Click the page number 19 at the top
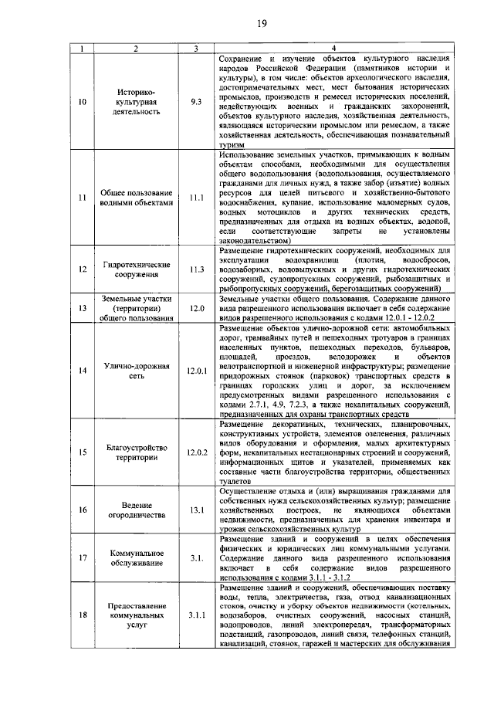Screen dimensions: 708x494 [261, 24]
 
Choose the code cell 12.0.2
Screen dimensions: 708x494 [197, 452]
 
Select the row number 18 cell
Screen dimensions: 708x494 [83, 615]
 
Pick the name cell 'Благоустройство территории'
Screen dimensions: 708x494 [136, 452]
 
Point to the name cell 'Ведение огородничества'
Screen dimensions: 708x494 [136, 510]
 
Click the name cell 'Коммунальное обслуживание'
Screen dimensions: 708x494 [136, 557]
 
